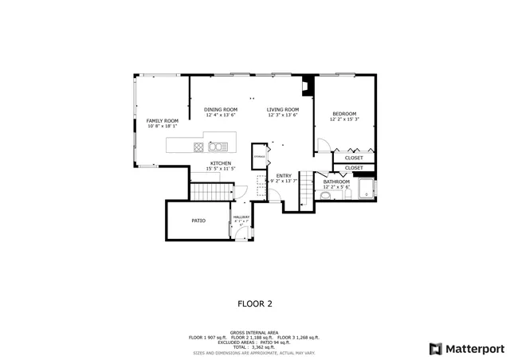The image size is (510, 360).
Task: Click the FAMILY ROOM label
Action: click(162, 120)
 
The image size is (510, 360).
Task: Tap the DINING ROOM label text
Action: click(220, 109)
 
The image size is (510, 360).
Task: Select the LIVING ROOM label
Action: click(282, 109)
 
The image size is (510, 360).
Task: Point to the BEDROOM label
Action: click(344, 114)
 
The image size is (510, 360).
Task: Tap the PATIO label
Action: click(199, 221)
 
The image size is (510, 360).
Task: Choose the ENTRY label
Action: click(284, 175)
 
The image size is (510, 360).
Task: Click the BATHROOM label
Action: click(336, 182)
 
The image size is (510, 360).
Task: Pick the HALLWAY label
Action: click(241, 217)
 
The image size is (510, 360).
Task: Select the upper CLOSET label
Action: click(354, 158)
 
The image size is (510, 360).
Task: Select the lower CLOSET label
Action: click(354, 168)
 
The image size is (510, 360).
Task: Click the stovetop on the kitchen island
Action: click(198, 146)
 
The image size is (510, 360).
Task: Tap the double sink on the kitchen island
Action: click(217, 146)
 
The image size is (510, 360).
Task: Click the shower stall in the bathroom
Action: click(367, 190)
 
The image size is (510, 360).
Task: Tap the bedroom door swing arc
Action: click(323, 144)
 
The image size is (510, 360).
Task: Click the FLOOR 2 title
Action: click(255, 303)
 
